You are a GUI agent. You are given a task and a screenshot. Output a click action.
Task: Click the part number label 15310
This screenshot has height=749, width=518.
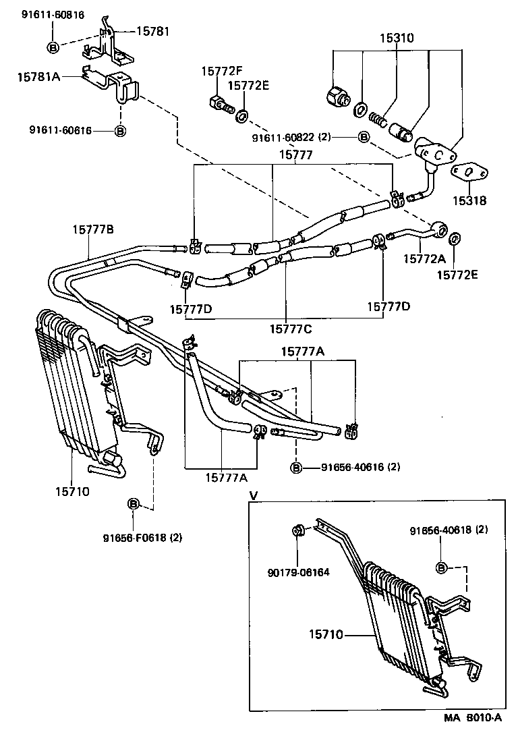(x=396, y=39)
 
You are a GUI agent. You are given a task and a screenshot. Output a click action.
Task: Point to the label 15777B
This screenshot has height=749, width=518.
(x=93, y=229)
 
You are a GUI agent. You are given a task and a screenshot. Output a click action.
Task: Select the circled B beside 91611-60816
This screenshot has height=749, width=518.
(x=54, y=46)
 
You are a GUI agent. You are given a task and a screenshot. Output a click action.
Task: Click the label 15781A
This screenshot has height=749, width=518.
(x=39, y=78)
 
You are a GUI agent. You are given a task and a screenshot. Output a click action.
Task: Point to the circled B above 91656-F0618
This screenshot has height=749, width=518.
(x=133, y=503)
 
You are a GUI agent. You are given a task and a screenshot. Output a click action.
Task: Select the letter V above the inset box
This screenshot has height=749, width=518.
(x=254, y=495)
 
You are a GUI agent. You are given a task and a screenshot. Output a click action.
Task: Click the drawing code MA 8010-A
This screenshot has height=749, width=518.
(x=472, y=736)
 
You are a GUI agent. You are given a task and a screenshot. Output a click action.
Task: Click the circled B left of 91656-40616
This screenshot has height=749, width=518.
(x=296, y=467)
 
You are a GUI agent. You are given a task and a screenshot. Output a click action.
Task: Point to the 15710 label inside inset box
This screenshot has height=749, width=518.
(x=326, y=634)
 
